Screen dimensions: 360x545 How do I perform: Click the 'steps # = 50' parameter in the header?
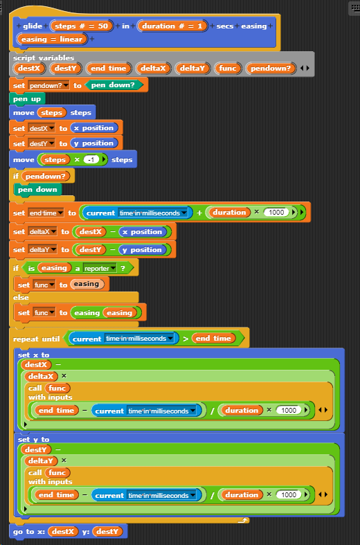pyautogui.click(x=82, y=26)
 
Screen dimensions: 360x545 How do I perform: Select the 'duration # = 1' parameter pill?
pyautogui.click(x=172, y=26)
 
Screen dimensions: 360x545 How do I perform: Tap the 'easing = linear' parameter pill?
pyautogui.click(x=52, y=39)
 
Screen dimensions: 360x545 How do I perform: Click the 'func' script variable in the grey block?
pyautogui.click(x=228, y=68)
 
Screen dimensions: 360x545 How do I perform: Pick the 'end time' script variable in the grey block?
pyautogui.click(x=109, y=68)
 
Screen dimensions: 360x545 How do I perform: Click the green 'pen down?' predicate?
pyautogui.click(x=113, y=84)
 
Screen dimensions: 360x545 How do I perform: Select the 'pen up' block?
pyautogui.click(x=27, y=99)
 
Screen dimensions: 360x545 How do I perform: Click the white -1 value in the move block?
pyautogui.click(x=91, y=159)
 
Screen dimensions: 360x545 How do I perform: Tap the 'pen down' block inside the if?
pyautogui.click(x=37, y=190)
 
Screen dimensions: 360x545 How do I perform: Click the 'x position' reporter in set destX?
pyautogui.click(x=94, y=128)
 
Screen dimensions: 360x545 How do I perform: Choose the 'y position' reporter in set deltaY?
pyautogui.click(x=142, y=249)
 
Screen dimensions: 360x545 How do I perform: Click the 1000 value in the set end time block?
pyautogui.click(x=277, y=213)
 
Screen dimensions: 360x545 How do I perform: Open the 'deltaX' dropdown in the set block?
pyautogui.click(x=42, y=231)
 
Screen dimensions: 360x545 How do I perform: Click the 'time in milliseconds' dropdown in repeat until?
pyautogui.click(x=140, y=338)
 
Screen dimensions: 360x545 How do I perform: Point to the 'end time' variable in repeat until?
pyautogui.click(x=213, y=338)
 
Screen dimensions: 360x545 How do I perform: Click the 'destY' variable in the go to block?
pyautogui.click(x=107, y=531)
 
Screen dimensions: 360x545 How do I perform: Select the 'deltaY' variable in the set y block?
pyautogui.click(x=41, y=461)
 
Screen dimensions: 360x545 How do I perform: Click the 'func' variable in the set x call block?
pyautogui.click(x=57, y=388)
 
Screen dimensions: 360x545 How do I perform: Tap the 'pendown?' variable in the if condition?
pyautogui.click(x=46, y=176)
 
